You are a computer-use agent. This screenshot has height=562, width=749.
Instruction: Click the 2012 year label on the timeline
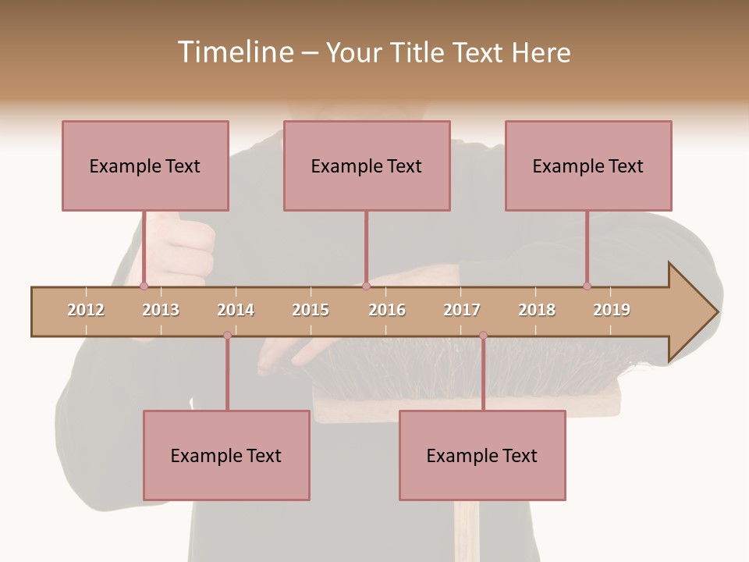(86, 310)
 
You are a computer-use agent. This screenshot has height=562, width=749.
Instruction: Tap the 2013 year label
(161, 310)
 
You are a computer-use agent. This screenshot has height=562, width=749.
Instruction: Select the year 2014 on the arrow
(236, 310)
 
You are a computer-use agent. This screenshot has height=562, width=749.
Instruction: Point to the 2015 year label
(311, 310)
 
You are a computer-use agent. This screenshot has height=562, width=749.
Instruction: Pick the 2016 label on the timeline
(387, 310)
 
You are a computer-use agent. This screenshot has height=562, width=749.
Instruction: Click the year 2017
(462, 310)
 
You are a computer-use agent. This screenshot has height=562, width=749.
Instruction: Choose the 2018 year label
(537, 310)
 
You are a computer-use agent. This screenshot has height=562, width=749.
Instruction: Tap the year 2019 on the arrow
(612, 310)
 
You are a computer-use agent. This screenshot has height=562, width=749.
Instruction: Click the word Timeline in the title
(234, 52)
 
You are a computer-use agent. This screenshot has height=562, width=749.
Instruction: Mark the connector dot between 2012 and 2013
(144, 286)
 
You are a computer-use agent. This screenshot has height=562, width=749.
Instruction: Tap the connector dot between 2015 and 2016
(366, 286)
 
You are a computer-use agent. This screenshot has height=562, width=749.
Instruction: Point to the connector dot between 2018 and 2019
(587, 286)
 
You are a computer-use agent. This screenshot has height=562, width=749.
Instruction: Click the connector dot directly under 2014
(227, 335)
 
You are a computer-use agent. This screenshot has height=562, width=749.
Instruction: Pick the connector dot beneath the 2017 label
(483, 335)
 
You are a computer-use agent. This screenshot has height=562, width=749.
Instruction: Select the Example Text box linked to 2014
(226, 455)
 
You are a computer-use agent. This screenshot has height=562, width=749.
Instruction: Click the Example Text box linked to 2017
(482, 455)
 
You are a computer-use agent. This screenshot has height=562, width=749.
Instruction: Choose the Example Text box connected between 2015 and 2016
(367, 165)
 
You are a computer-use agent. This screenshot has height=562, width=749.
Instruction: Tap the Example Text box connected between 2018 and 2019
(588, 165)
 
